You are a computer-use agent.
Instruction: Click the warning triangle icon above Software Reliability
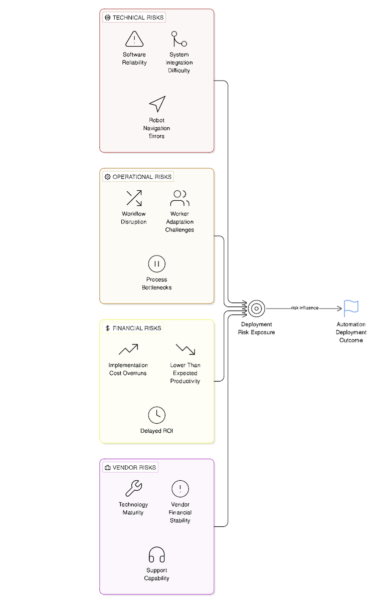134,39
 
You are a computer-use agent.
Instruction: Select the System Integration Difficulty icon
179,39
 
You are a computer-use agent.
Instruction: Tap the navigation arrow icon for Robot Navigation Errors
157,104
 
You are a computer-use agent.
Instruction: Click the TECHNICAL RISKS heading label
134,18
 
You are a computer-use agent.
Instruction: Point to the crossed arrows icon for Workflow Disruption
134,198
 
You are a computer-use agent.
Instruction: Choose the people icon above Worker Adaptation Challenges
179,198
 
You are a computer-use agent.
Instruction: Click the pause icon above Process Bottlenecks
157,263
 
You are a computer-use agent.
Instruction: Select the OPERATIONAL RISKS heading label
138,177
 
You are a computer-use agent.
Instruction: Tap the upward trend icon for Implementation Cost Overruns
128,349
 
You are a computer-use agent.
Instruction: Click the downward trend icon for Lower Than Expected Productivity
185,349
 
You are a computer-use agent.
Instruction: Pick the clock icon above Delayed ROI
157,415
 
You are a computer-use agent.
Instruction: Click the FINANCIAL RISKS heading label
133,328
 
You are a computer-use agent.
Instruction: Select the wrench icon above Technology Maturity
133,488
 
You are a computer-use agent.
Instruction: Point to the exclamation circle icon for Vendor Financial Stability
180,488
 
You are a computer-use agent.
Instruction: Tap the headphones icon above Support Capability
157,554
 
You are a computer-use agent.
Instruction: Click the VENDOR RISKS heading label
130,467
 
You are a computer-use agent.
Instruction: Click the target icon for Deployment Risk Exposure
256,308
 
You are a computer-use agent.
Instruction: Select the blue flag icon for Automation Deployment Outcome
351,309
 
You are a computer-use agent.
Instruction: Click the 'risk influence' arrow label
305,308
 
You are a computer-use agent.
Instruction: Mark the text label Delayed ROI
157,431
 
